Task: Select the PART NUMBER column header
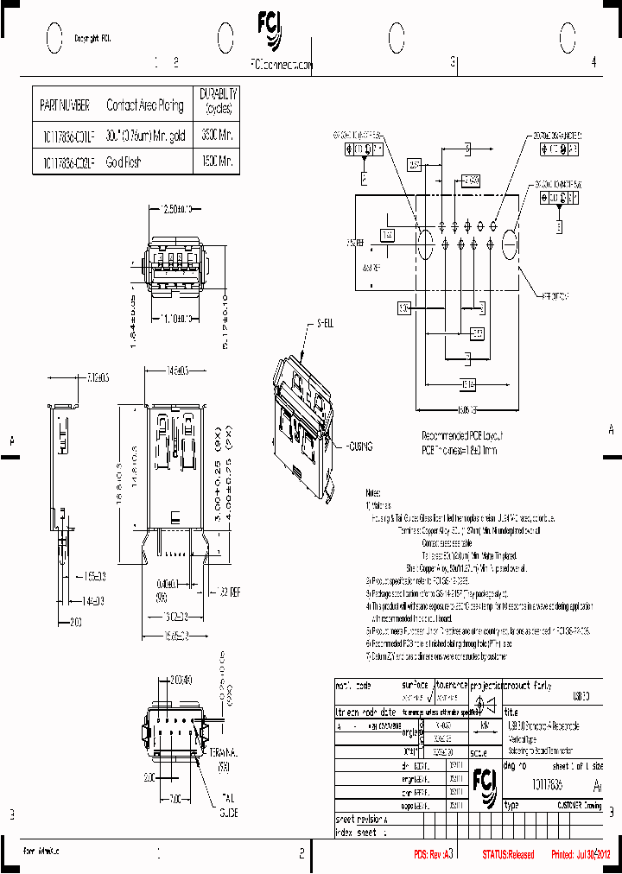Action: coord(65,105)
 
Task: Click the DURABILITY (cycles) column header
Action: coord(219,101)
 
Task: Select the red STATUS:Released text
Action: coord(508,854)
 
